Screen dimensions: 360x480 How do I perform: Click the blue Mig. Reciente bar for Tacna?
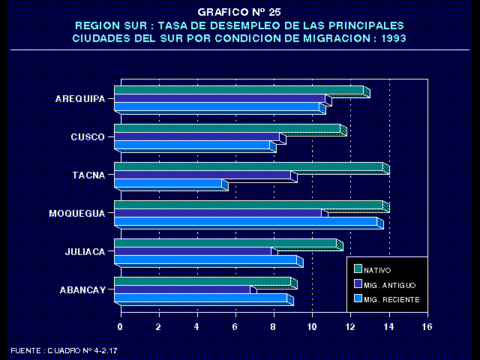(x=169, y=184)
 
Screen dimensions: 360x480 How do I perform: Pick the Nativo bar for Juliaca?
(x=225, y=243)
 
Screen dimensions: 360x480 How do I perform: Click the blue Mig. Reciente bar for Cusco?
(x=192, y=145)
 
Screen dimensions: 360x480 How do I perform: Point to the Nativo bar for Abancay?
(x=202, y=282)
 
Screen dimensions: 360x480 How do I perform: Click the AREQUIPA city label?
(x=79, y=99)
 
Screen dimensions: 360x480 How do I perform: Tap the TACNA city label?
(x=88, y=175)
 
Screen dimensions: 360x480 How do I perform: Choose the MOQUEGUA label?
(x=76, y=214)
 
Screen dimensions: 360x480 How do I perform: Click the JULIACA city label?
(x=84, y=252)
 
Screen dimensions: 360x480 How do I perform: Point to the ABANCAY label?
(x=82, y=290)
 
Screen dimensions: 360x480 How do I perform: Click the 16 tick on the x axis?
(x=427, y=327)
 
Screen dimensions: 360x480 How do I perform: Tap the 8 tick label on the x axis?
(x=274, y=327)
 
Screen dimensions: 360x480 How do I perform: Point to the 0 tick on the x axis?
(x=120, y=327)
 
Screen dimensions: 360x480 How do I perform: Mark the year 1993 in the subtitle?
(x=389, y=37)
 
